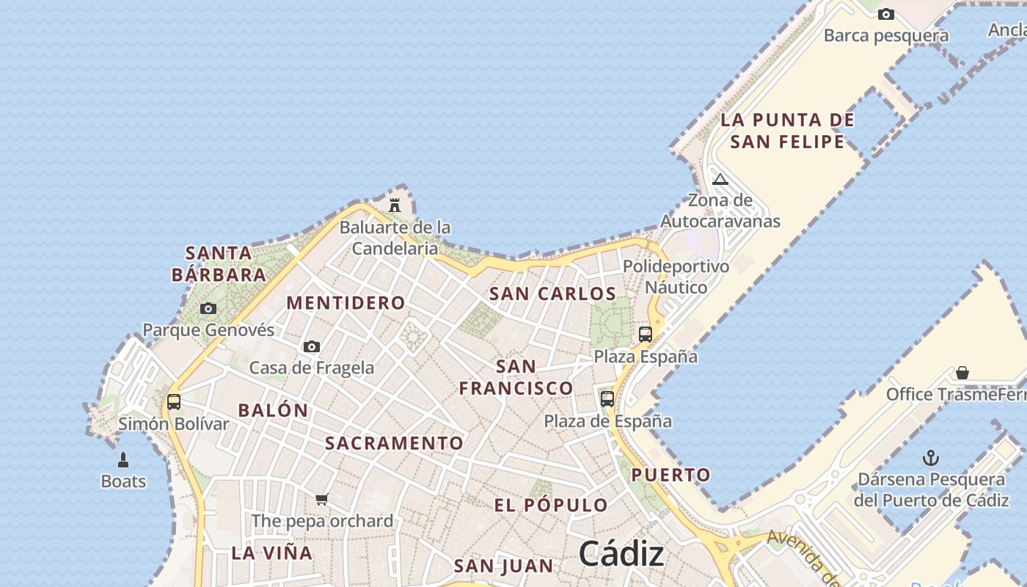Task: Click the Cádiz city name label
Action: pyautogui.click(x=621, y=553)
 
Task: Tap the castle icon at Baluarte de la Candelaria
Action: pyautogui.click(x=395, y=205)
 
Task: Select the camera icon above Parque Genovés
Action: pyautogui.click(x=208, y=308)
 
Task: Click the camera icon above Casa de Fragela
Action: pyautogui.click(x=312, y=346)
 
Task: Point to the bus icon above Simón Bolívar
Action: pyautogui.click(x=174, y=401)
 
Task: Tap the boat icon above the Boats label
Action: pyautogui.click(x=123, y=460)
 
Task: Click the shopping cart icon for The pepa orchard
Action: pyautogui.click(x=321, y=500)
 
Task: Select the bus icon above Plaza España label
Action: pyautogui.click(x=646, y=335)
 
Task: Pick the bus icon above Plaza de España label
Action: pyautogui.click(x=607, y=398)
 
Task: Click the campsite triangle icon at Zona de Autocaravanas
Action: pyautogui.click(x=720, y=179)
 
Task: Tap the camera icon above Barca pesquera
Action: pyautogui.click(x=886, y=14)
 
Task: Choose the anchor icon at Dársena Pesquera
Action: pyautogui.click(x=931, y=459)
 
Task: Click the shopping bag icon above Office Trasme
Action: pyautogui.click(x=962, y=373)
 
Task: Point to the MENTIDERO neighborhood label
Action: pyautogui.click(x=346, y=302)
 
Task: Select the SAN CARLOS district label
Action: pyautogui.click(x=552, y=293)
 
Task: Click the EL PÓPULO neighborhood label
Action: pyautogui.click(x=551, y=505)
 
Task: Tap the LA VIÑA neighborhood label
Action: pyautogui.click(x=272, y=553)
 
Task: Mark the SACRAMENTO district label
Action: pyautogui.click(x=394, y=442)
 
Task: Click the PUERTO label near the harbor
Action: pyautogui.click(x=671, y=475)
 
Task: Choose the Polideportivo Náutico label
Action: pyautogui.click(x=676, y=277)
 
